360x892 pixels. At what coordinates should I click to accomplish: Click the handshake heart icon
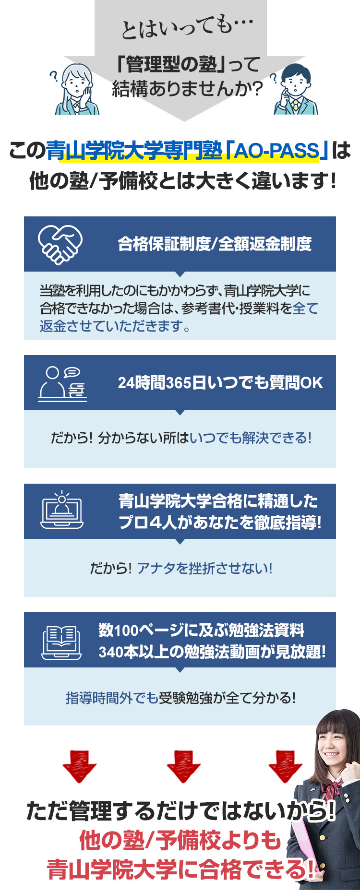pos(60,245)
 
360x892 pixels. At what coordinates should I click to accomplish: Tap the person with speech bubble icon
pos(62,384)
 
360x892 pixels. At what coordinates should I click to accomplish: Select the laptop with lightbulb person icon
pos(62,510)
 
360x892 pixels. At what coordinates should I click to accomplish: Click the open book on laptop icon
pos(61,642)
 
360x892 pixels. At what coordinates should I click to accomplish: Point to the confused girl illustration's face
pos(75,86)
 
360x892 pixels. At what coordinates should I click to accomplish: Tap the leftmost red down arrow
pos(79,766)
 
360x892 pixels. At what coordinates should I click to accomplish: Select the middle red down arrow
pos(183,766)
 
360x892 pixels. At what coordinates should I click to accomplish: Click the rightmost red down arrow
pos(286,766)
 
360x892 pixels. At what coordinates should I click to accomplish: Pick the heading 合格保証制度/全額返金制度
pos(215,244)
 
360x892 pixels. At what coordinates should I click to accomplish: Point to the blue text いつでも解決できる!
pos(251,438)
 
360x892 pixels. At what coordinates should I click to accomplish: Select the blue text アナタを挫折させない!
pos(204,568)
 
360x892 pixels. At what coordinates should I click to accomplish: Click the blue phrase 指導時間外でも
pos(112,698)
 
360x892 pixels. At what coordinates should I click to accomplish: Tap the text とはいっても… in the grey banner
pos(187,28)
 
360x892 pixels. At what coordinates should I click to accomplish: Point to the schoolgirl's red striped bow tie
pos(333,788)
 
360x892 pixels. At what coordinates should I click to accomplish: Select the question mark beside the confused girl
pos(54,76)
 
